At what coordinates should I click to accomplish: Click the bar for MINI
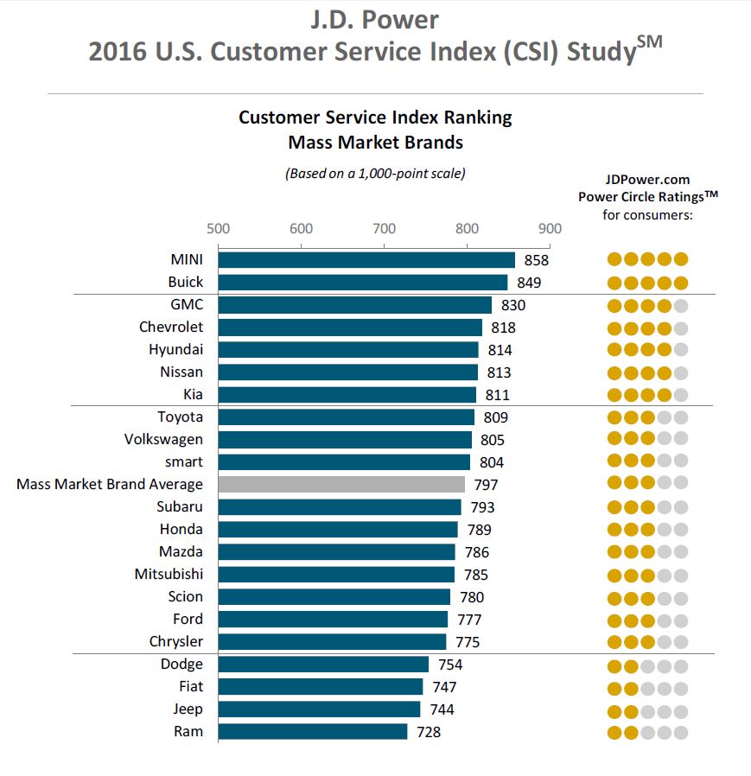[366, 259]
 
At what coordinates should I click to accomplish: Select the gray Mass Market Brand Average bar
[341, 484]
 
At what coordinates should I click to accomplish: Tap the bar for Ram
[313, 731]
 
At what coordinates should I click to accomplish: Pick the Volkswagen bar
[345, 439]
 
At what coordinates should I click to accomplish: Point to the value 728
[428, 731]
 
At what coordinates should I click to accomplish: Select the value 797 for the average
[486, 484]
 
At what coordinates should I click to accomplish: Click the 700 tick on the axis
[384, 228]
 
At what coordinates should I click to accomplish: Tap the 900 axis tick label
[550, 228]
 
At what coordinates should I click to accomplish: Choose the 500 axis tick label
[218, 228]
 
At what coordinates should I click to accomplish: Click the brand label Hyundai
[175, 349]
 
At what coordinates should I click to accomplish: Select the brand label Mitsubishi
[169, 574]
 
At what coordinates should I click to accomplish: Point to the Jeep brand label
[188, 709]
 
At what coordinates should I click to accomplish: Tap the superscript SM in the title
[650, 41]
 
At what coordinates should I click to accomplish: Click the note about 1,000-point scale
[375, 173]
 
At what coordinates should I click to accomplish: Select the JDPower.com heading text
[648, 180]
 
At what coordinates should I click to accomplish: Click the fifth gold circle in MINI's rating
[680, 259]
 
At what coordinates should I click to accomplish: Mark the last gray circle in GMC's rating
[680, 304]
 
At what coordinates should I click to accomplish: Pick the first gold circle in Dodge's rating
[614, 665]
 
